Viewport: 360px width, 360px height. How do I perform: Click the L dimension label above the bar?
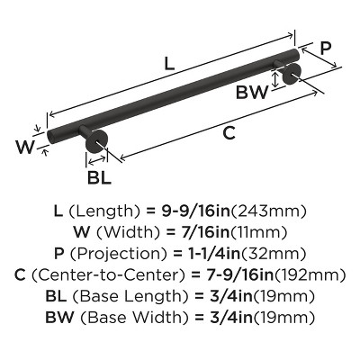(x=169, y=64)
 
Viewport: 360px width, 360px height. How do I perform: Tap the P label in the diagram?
(x=326, y=49)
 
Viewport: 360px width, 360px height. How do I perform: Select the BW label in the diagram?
(x=251, y=93)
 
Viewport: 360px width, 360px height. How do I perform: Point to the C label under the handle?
(x=229, y=133)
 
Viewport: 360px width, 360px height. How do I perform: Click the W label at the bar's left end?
(x=25, y=147)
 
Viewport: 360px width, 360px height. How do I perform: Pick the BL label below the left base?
(x=99, y=177)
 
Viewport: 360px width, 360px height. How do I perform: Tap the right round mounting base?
(x=292, y=74)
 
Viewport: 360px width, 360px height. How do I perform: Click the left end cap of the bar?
(x=51, y=138)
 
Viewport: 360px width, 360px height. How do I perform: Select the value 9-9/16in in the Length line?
(x=195, y=211)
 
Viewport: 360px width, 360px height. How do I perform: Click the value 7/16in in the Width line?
(x=201, y=232)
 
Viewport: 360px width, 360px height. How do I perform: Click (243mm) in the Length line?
(x=268, y=211)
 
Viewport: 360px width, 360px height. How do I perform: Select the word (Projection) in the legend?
(x=118, y=254)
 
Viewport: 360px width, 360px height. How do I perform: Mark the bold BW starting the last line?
(x=59, y=317)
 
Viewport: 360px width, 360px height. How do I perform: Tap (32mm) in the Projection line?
(x=274, y=254)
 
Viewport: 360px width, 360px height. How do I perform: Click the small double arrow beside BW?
(x=274, y=78)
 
